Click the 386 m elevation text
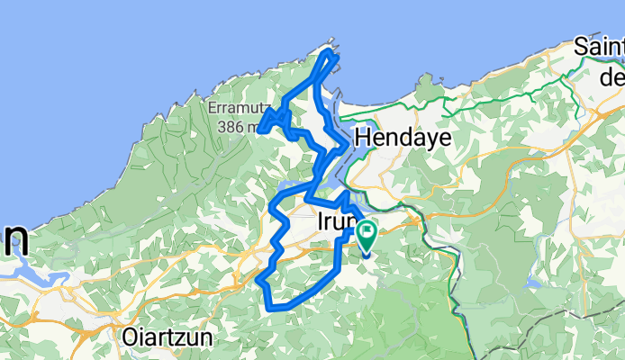click(x=236, y=126)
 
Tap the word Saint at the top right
click(x=600, y=47)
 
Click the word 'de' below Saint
click(x=612, y=76)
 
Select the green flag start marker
click(x=368, y=236)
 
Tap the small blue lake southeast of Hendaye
click(x=530, y=280)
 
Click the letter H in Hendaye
click(x=364, y=138)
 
